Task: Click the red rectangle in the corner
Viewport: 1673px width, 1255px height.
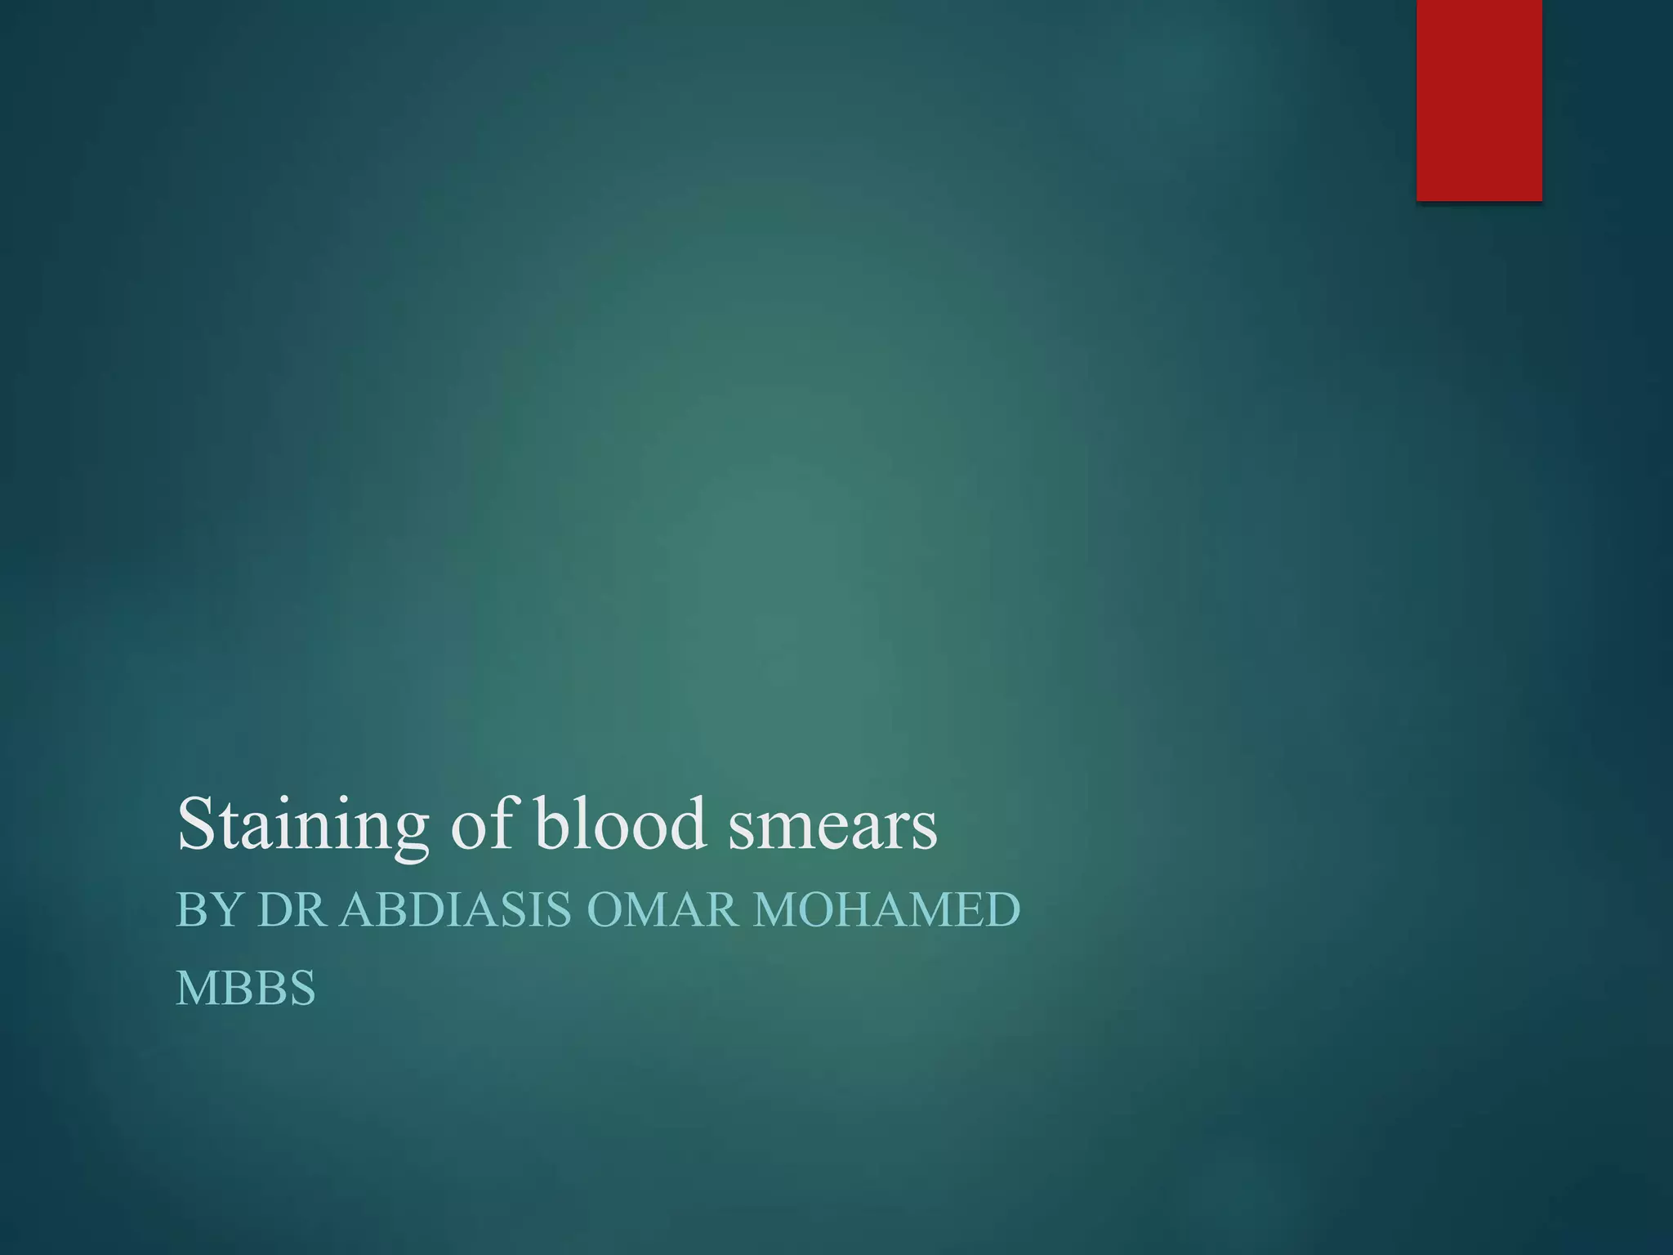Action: tap(1479, 100)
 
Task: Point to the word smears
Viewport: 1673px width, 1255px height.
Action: tap(832, 825)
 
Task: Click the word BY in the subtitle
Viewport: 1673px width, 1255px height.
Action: tap(207, 910)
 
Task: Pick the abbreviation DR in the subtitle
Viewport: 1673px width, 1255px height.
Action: tap(290, 910)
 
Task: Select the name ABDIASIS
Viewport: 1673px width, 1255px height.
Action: tap(456, 910)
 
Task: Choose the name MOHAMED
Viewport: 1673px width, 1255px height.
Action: tap(887, 910)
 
